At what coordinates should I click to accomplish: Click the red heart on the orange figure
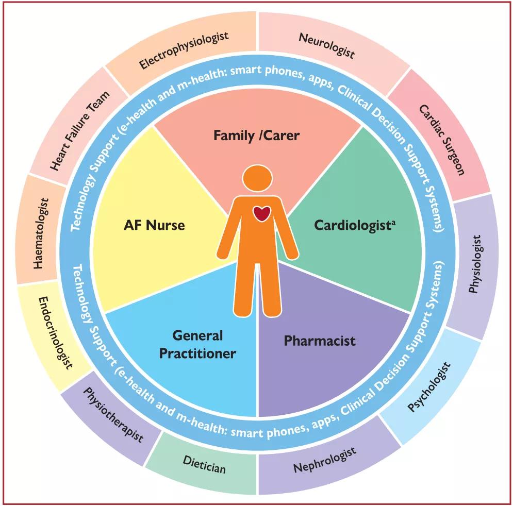pyautogui.click(x=261, y=213)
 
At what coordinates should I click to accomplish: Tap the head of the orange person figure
pyautogui.click(x=257, y=178)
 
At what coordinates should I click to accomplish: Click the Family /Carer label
pyautogui.click(x=257, y=136)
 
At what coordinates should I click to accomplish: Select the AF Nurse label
pyautogui.click(x=154, y=225)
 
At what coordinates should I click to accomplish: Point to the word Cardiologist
pyautogui.click(x=352, y=226)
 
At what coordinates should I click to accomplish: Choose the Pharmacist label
pyautogui.click(x=320, y=341)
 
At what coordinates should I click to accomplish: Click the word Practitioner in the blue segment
pyautogui.click(x=197, y=353)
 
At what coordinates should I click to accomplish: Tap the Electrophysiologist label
pyautogui.click(x=184, y=50)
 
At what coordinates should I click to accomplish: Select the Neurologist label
pyautogui.click(x=327, y=46)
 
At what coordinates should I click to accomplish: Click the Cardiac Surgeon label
pyautogui.click(x=442, y=140)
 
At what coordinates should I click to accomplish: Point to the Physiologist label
pyautogui.click(x=475, y=264)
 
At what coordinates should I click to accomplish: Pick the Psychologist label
pyautogui.click(x=429, y=386)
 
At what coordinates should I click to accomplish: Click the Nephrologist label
pyautogui.click(x=325, y=460)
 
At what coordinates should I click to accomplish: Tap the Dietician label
pyautogui.click(x=205, y=464)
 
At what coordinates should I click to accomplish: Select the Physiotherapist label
pyautogui.click(x=113, y=415)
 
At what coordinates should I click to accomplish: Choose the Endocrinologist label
pyautogui.click(x=55, y=333)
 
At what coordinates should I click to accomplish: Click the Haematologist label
pyautogui.click(x=41, y=233)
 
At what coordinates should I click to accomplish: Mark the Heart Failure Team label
pyautogui.click(x=80, y=131)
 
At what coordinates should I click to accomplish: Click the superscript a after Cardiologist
pyautogui.click(x=393, y=223)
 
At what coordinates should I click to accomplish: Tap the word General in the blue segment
pyautogui.click(x=197, y=335)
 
